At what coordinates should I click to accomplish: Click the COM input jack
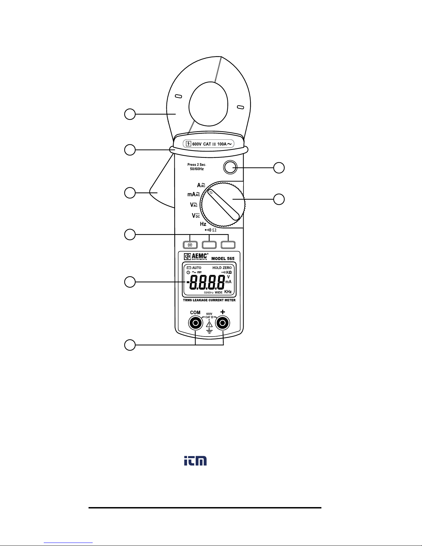pos(195,323)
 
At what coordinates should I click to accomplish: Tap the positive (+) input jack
pos(223,323)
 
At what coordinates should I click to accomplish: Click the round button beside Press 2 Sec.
pos(230,167)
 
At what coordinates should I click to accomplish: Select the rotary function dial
pos(223,205)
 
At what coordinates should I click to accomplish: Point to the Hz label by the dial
pos(203,224)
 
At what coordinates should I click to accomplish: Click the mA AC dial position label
pos(194,194)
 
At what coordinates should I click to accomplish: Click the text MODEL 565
pos(223,259)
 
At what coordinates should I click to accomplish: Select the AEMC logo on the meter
pos(196,256)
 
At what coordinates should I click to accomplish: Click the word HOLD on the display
pos(217,268)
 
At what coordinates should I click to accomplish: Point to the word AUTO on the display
pos(197,268)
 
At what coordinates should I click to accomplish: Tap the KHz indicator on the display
pos(228,292)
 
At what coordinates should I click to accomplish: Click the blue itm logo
pos(195,461)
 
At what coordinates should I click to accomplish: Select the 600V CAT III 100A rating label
pos(208,144)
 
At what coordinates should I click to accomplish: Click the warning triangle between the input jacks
pos(209,324)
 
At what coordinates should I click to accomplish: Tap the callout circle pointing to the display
pos(130,282)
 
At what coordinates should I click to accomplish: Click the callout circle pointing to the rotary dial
pos(279,199)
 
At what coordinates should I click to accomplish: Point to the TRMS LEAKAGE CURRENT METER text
pos(209,300)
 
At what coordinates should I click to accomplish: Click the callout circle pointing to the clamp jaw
pos(130,114)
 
